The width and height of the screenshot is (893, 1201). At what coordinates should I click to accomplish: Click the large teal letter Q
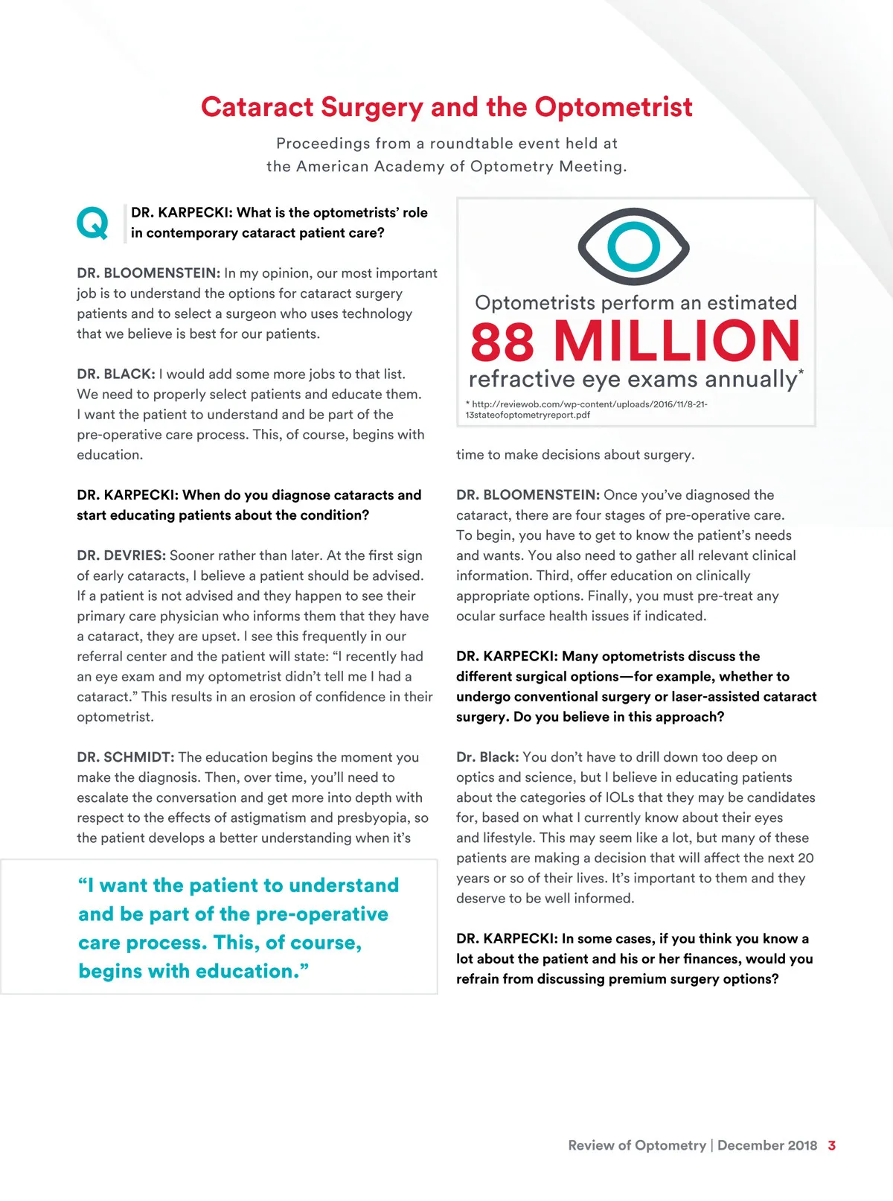(x=92, y=223)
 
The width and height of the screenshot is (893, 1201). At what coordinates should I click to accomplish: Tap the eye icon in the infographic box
(x=633, y=246)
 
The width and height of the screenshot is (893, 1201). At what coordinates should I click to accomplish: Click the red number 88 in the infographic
(x=502, y=342)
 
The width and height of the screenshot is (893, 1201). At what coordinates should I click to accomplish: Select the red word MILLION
(x=676, y=342)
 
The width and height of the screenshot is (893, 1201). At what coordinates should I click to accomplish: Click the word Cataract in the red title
(x=257, y=107)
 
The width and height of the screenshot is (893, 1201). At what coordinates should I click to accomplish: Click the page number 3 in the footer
(x=831, y=1145)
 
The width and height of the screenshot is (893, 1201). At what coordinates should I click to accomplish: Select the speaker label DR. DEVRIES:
(x=121, y=555)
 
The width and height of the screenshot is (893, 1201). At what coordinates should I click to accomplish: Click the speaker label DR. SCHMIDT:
(x=125, y=757)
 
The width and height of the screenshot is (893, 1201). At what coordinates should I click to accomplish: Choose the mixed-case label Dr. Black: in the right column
(x=487, y=757)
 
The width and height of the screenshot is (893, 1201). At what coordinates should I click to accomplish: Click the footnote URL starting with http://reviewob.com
(x=586, y=404)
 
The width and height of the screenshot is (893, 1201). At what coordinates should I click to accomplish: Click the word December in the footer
(x=750, y=1145)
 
